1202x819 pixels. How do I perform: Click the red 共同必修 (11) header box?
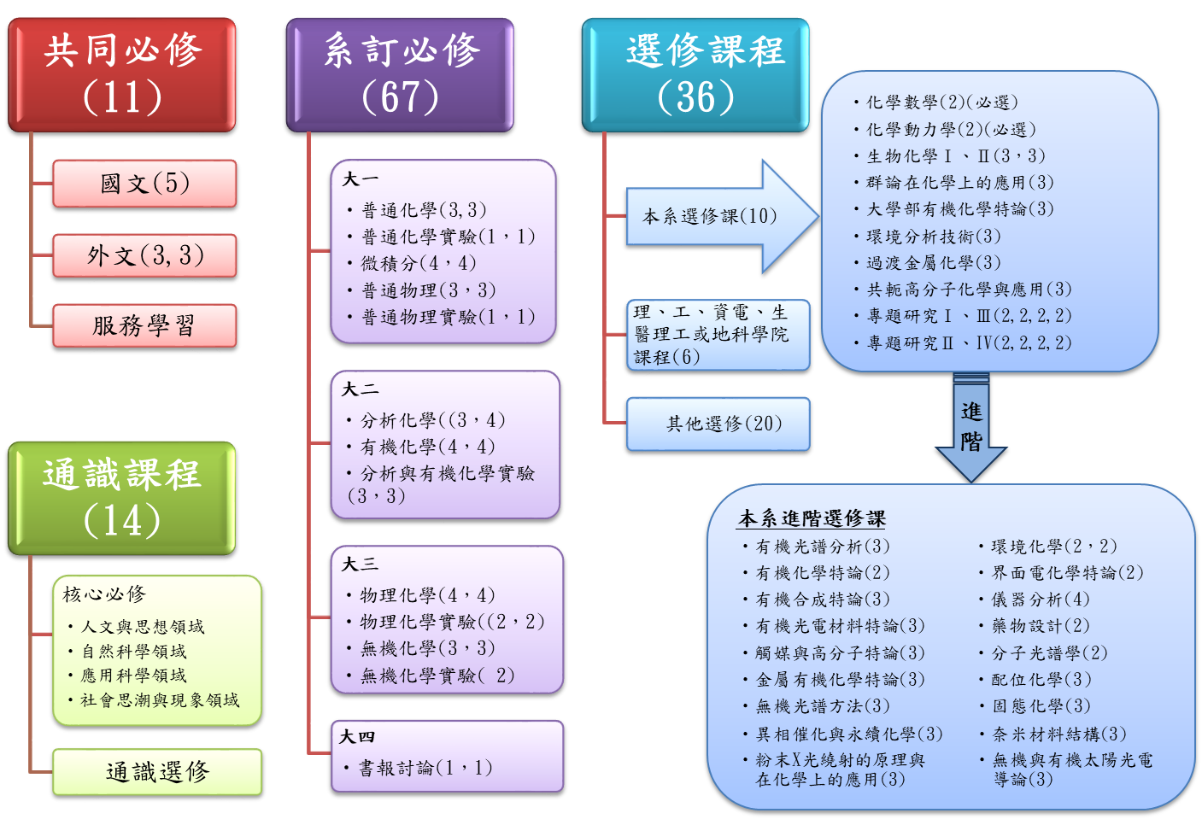click(122, 75)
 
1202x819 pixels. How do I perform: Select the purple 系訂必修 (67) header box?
click(400, 75)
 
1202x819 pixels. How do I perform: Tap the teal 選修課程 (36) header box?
click(695, 75)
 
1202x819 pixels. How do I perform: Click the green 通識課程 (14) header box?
click(122, 498)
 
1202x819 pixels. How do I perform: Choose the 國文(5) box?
click(144, 184)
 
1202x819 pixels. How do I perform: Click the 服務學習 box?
click(144, 325)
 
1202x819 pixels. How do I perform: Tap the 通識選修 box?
click(157, 772)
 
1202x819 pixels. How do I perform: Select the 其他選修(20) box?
click(718, 424)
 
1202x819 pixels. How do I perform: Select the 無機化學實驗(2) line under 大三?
click(437, 676)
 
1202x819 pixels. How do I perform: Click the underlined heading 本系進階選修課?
click(812, 518)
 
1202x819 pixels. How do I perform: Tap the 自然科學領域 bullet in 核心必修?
click(134, 651)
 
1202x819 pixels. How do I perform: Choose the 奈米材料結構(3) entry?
click(1058, 734)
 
